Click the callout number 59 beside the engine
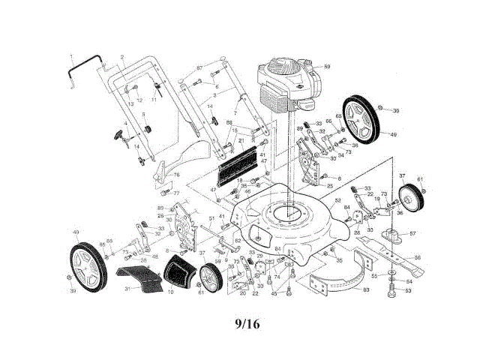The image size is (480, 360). [327, 67]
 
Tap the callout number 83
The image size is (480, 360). [366, 289]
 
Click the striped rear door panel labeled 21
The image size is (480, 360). [241, 166]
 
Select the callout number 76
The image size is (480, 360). [178, 175]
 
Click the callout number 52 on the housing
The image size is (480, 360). [338, 200]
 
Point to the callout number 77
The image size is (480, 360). [177, 193]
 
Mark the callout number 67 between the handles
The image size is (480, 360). [199, 69]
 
